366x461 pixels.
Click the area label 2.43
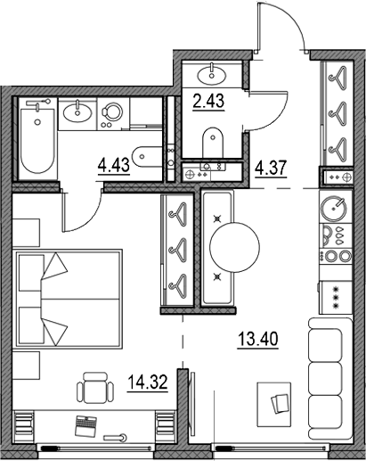208,101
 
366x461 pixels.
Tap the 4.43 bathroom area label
114,165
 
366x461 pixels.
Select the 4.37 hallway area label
271,169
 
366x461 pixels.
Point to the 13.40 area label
258,339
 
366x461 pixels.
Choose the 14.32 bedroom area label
148,382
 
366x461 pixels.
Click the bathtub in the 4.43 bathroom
37,138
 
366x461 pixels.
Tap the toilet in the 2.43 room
213,143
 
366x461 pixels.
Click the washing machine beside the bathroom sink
113,114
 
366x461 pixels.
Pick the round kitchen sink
335,208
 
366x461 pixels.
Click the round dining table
234,247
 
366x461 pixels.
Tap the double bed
68,298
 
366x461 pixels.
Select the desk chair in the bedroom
95,388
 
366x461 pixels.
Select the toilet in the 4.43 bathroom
147,157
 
